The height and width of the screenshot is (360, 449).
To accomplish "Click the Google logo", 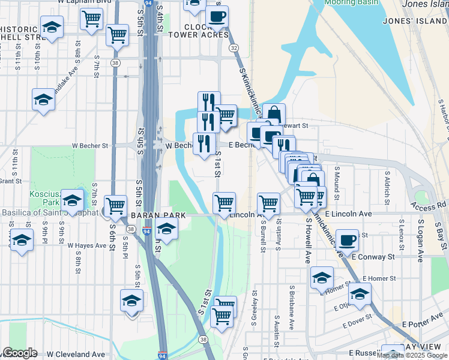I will coord(20,353).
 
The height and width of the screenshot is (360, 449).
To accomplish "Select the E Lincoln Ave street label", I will coord(348,214).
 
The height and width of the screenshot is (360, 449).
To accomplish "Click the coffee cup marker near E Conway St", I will coord(348,240).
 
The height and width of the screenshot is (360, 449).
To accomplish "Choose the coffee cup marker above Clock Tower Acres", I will coord(217,16).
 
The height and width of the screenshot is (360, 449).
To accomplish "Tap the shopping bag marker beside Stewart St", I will coord(274,113).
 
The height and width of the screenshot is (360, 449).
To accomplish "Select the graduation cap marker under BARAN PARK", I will coord(166,229).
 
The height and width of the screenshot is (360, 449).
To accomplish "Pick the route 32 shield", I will coord(234,47).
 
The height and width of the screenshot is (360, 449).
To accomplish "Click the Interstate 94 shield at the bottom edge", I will coord(163,356).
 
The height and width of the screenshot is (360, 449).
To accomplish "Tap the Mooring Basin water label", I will coord(351,2).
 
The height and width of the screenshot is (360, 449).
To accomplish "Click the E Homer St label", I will coord(379,278).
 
